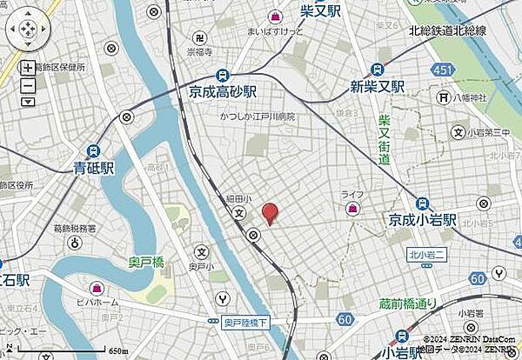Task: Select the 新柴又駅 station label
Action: [378, 86]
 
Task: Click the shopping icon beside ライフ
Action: [353, 210]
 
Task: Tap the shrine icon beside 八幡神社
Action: [459, 97]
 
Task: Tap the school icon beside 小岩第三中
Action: [458, 132]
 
